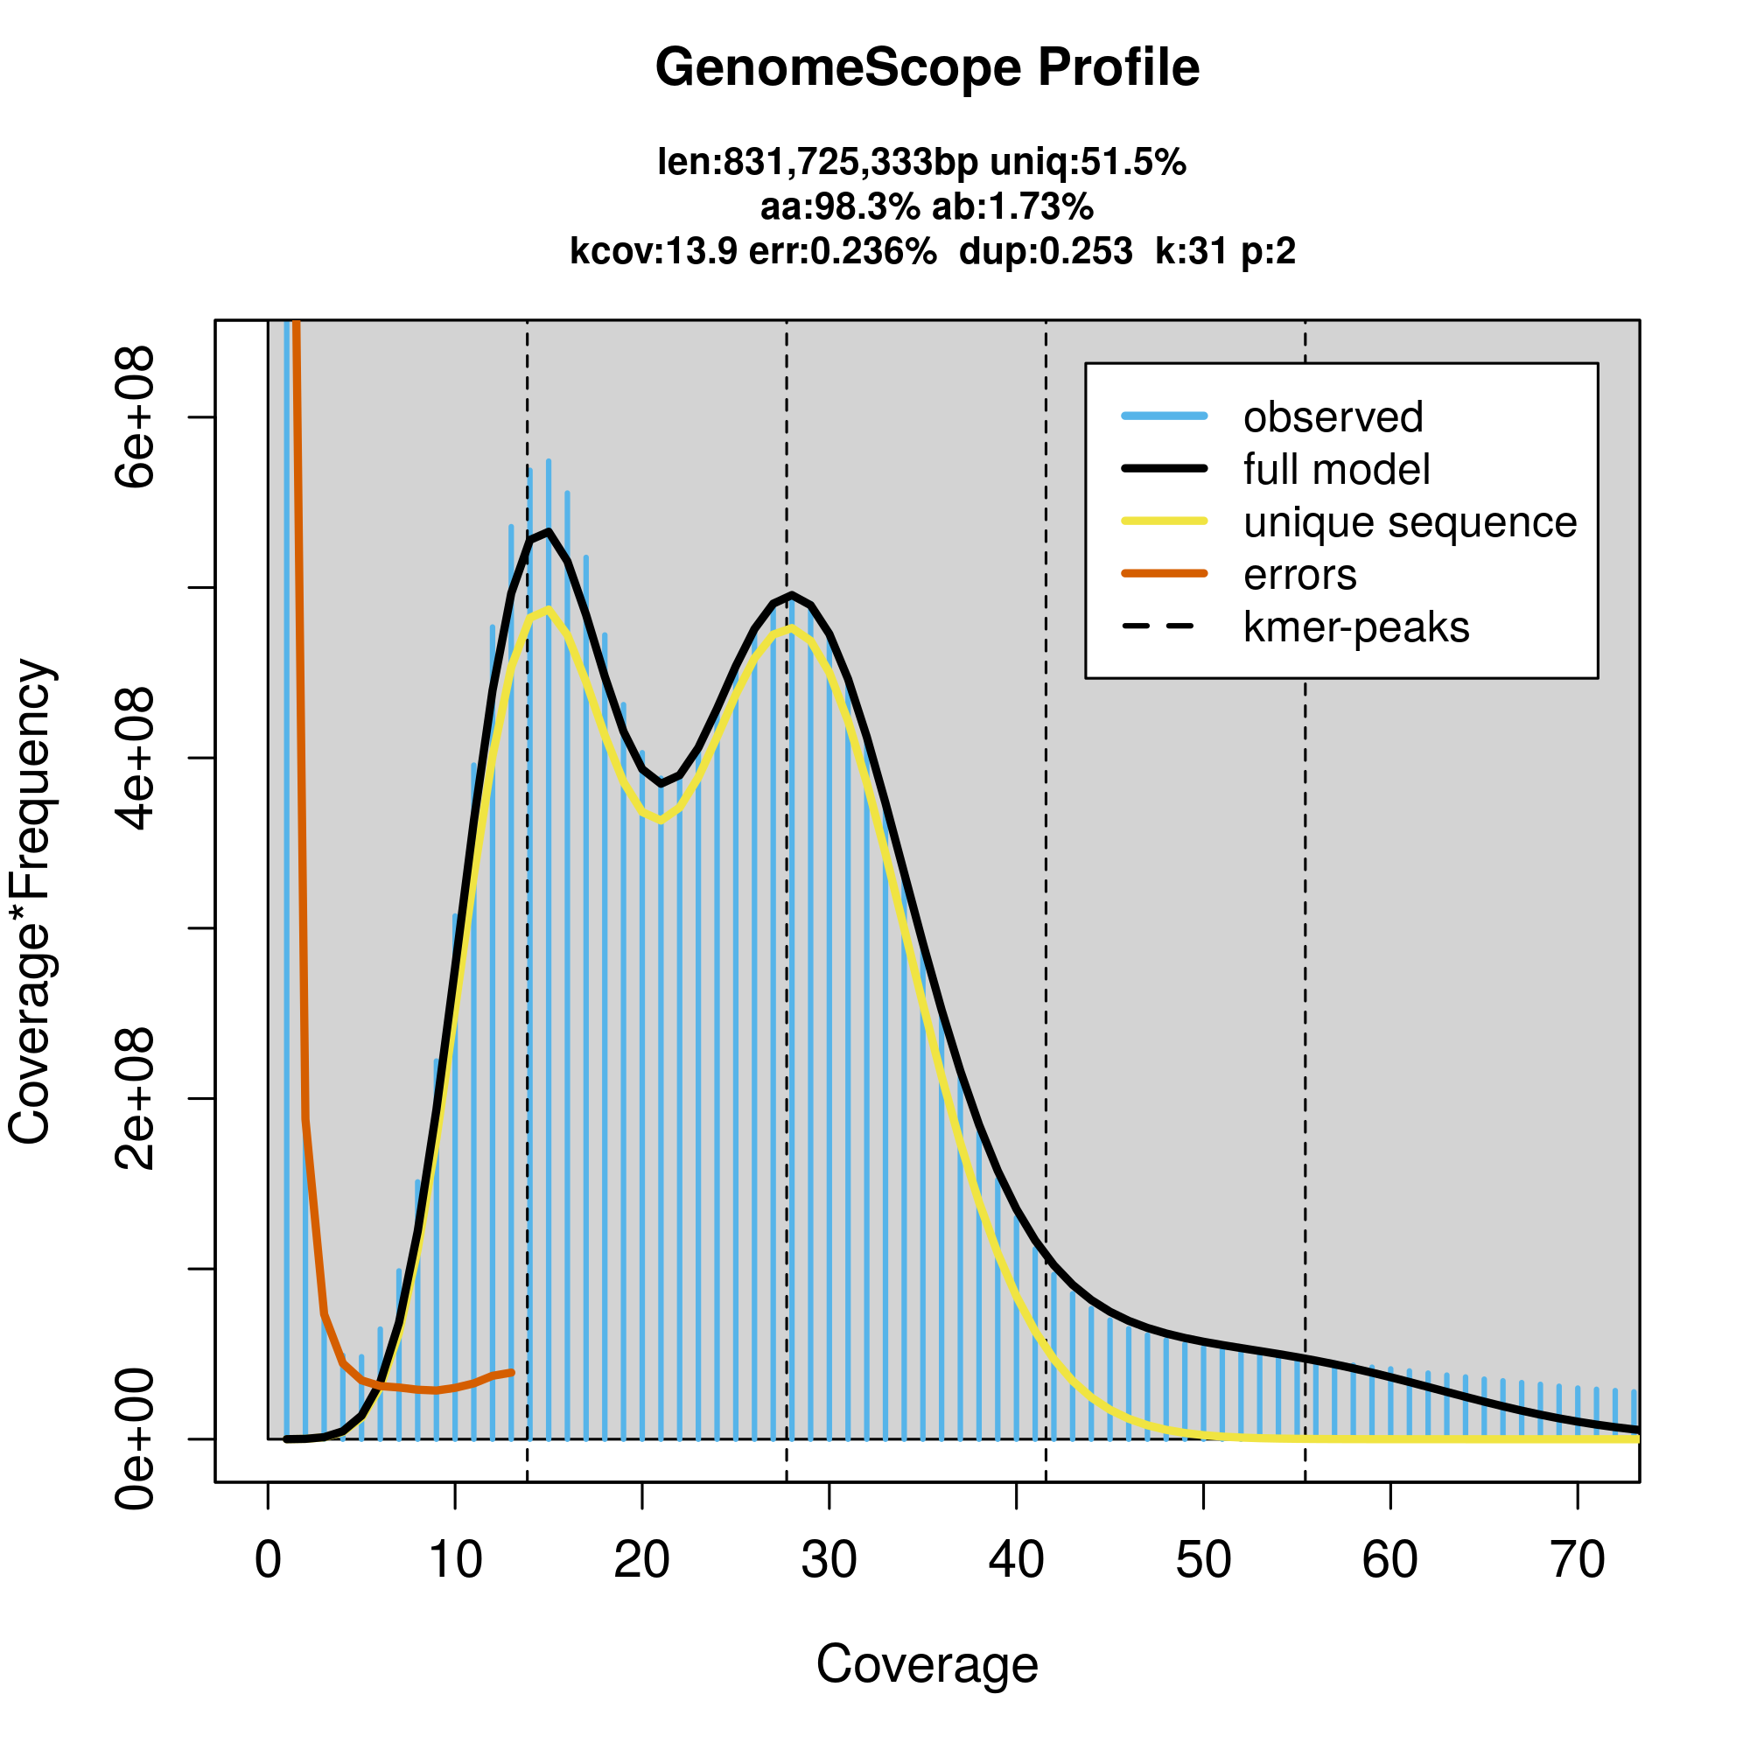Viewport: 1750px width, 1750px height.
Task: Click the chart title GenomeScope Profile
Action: [927, 68]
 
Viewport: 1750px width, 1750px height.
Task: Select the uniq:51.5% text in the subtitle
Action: [1087, 163]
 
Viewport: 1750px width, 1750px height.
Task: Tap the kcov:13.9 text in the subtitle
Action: [653, 251]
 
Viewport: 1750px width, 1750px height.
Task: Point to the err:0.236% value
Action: [843, 251]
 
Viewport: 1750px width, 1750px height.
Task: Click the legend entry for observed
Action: [1333, 417]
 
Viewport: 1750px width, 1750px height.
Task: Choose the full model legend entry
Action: [1336, 470]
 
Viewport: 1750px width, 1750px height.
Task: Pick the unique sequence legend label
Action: [1410, 522]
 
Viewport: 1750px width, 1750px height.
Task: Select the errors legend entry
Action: [1300, 575]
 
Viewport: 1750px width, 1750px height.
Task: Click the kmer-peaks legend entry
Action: [1356, 627]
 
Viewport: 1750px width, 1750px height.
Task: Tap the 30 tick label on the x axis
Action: [829, 1561]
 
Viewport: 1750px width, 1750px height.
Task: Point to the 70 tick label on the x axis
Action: [1577, 1561]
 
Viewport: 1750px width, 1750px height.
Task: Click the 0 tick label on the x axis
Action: [268, 1561]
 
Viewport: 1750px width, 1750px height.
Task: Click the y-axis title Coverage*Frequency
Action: [31, 901]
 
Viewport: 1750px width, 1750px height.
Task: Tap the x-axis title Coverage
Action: [927, 1664]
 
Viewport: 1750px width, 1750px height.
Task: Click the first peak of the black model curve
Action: [548, 532]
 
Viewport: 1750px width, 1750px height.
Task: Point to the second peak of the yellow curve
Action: [792, 627]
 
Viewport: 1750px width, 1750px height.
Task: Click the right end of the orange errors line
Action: [513, 1372]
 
